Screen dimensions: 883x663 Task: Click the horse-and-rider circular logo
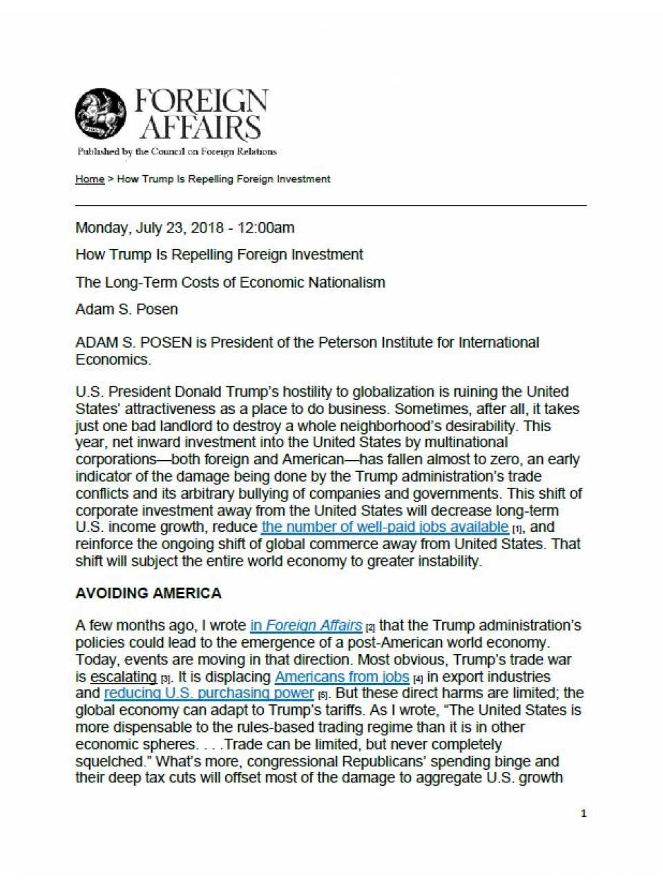click(101, 113)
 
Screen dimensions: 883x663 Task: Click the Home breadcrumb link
click(90, 179)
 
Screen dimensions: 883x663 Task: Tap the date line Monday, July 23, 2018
click(184, 228)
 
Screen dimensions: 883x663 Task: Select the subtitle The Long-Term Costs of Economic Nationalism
click(230, 283)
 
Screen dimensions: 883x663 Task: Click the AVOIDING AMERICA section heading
click(148, 593)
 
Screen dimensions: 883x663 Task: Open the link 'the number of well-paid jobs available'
click(385, 528)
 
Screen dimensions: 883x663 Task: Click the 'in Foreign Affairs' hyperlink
click(306, 626)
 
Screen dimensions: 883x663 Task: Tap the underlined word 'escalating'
click(124, 677)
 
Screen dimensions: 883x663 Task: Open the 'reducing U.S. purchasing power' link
click(209, 693)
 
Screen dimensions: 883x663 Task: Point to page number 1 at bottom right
click(584, 813)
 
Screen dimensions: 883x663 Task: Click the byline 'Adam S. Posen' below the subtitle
click(126, 310)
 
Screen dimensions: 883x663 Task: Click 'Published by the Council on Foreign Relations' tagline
click(177, 152)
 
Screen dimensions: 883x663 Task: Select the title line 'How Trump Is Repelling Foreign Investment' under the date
click(219, 255)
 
